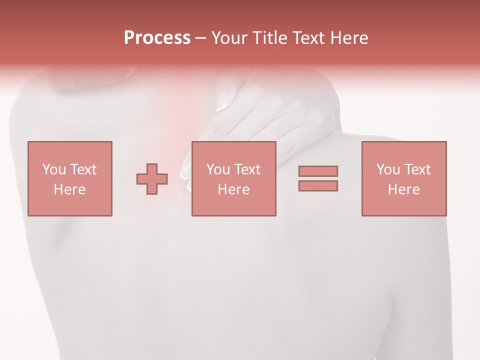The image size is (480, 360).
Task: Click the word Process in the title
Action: (157, 38)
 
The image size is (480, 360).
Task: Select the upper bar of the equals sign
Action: (318, 171)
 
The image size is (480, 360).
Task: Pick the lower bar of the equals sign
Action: (318, 185)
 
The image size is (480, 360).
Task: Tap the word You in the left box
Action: (54, 169)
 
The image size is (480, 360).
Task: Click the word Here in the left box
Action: (69, 189)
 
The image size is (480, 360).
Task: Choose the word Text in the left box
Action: (82, 169)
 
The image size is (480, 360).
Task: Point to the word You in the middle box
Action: (218, 169)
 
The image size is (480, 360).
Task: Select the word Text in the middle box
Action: (246, 169)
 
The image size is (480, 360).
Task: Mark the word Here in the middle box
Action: (233, 189)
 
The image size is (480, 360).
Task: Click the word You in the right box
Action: (388, 169)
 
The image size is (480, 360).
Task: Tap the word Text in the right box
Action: (416, 169)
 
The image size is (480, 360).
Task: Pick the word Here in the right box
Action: (403, 189)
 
